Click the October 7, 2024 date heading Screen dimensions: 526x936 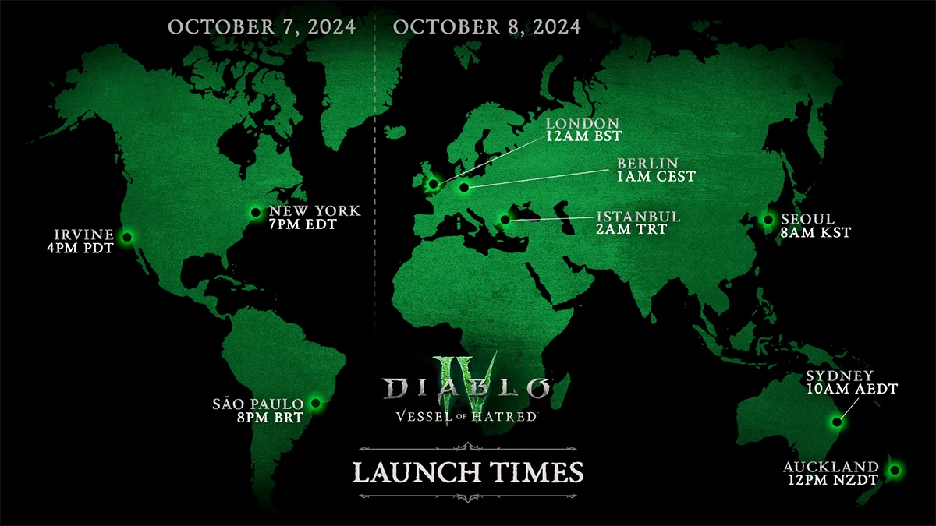tap(262, 26)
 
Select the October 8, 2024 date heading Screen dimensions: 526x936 tap(487, 26)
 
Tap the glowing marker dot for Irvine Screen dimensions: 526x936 tap(126, 236)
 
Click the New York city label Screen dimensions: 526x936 tap(314, 211)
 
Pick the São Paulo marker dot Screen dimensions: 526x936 tap(316, 403)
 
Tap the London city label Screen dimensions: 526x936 tap(583, 123)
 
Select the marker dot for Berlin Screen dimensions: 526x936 tap(464, 187)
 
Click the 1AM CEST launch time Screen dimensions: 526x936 tap(655, 177)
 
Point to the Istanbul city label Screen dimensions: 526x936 tap(638, 216)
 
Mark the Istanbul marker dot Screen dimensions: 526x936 tap(505, 220)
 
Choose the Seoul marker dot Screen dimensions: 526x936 tap(768, 220)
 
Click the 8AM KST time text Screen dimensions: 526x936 tap(815, 232)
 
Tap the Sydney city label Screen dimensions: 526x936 tap(840, 376)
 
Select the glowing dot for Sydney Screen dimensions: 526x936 tap(837, 422)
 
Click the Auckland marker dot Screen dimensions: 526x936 tap(894, 470)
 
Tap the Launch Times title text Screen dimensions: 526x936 tap(468, 471)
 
